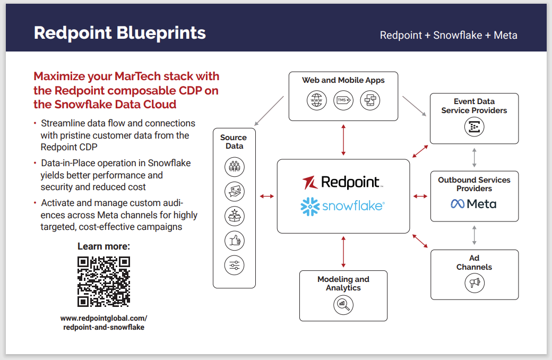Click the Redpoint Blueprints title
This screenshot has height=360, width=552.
[x=119, y=33]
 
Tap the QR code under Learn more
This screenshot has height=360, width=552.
[x=103, y=281]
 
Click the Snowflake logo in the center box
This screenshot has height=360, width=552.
[x=343, y=206]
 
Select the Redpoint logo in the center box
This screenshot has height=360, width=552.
[x=343, y=182]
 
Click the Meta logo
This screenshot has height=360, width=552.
[x=473, y=204]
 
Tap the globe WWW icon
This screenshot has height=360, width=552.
[x=317, y=100]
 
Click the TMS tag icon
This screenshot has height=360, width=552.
[x=343, y=100]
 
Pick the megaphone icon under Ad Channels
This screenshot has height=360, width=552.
[x=474, y=282]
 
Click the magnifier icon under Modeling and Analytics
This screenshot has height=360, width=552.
[x=343, y=305]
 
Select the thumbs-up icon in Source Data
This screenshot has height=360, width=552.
[x=234, y=241]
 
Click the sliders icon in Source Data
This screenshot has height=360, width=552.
[x=234, y=265]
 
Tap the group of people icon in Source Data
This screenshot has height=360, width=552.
[x=234, y=167]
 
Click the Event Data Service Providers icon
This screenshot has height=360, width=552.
[x=474, y=126]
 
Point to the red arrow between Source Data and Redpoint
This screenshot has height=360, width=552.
[x=266, y=196]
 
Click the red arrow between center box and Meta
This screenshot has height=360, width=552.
[x=420, y=196]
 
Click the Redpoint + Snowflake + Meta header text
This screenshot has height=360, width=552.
[x=448, y=36]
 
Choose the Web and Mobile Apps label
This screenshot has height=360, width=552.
[x=343, y=80]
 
